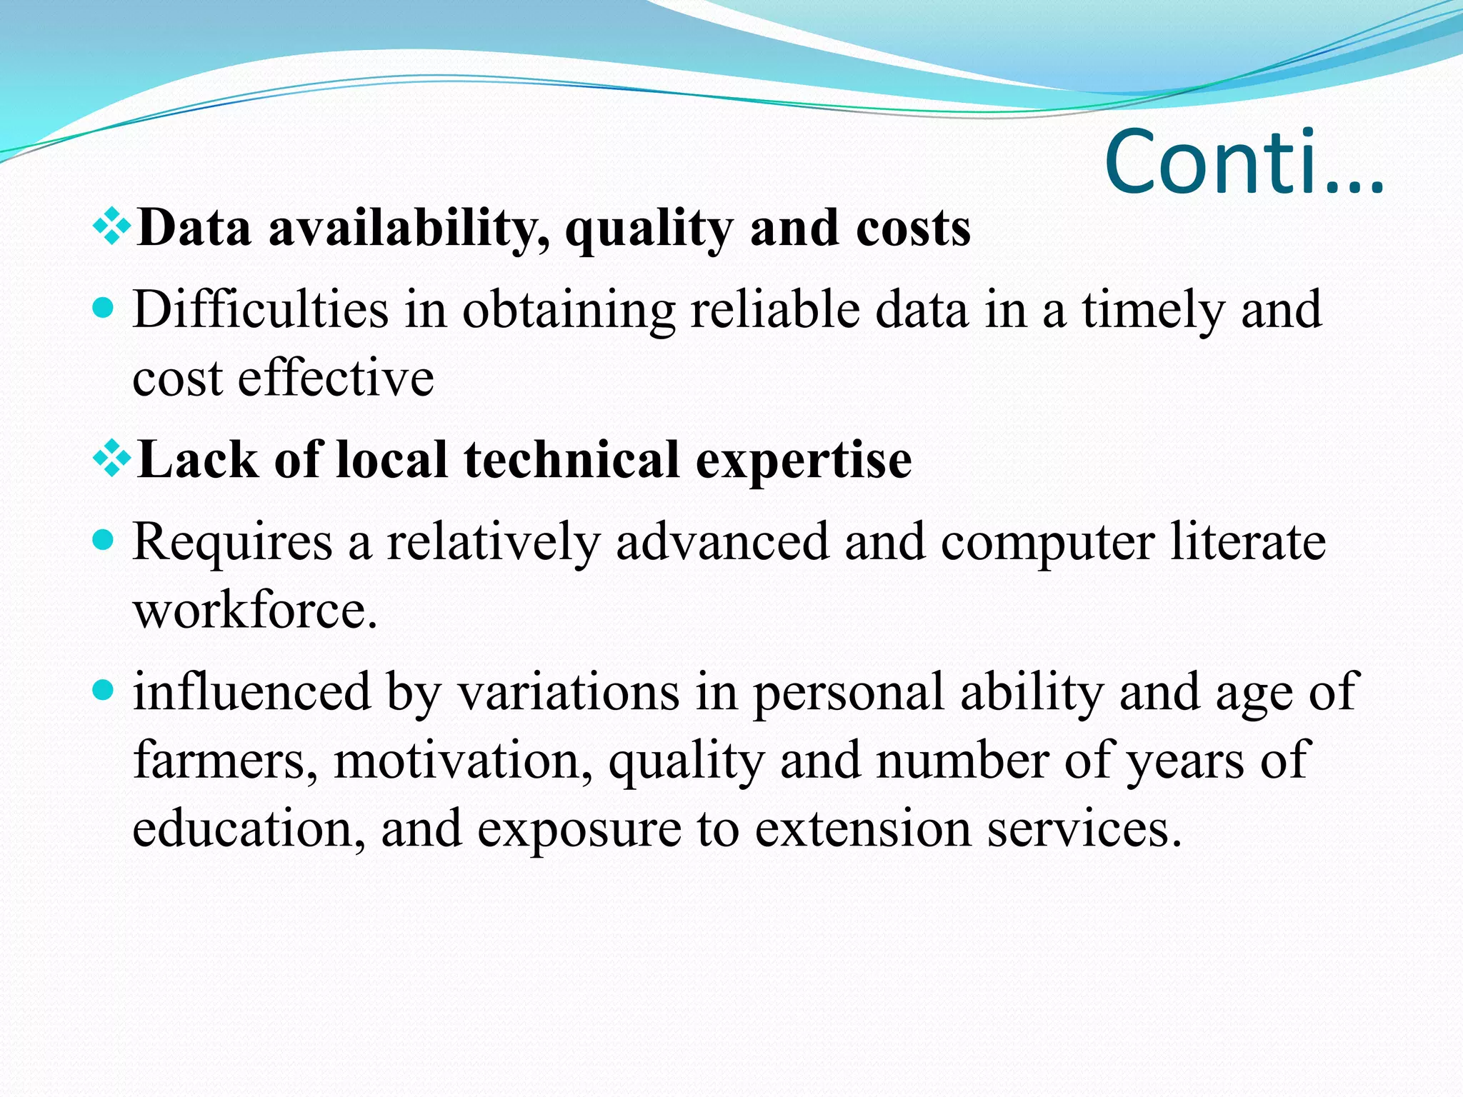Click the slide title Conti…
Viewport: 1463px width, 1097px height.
(1244, 163)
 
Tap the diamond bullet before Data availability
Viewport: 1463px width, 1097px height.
(112, 227)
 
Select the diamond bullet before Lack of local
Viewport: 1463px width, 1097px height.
(112, 459)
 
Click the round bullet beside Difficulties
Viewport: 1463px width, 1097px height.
(104, 308)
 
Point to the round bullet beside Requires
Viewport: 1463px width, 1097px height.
(104, 540)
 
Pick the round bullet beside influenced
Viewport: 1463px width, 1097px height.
(104, 690)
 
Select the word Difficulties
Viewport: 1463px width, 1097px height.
(261, 310)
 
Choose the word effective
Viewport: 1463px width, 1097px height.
(336, 378)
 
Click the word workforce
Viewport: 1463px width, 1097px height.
(255, 611)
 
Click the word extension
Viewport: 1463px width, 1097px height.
(863, 828)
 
